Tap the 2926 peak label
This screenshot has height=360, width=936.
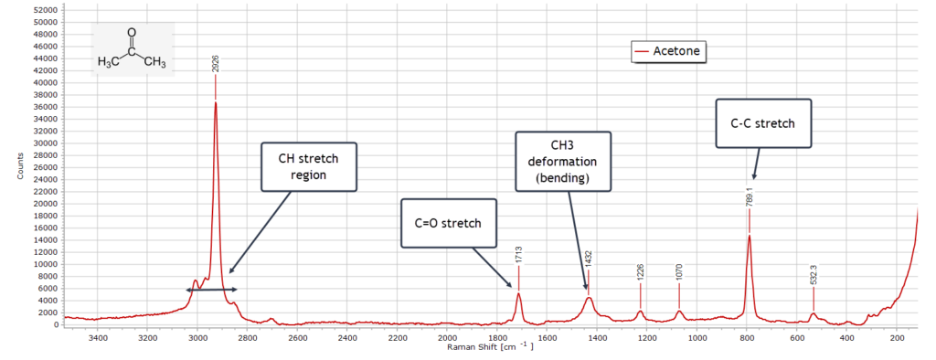point(216,65)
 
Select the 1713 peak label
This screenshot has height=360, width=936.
point(518,254)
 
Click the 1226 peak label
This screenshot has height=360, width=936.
point(640,271)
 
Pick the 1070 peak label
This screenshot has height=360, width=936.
point(679,271)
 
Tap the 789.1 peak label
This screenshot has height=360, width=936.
point(749,196)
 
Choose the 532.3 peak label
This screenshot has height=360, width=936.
point(814,275)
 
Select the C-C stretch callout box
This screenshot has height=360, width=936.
point(763,123)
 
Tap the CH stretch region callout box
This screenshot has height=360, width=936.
point(307,166)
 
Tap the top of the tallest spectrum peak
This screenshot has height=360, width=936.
point(216,102)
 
